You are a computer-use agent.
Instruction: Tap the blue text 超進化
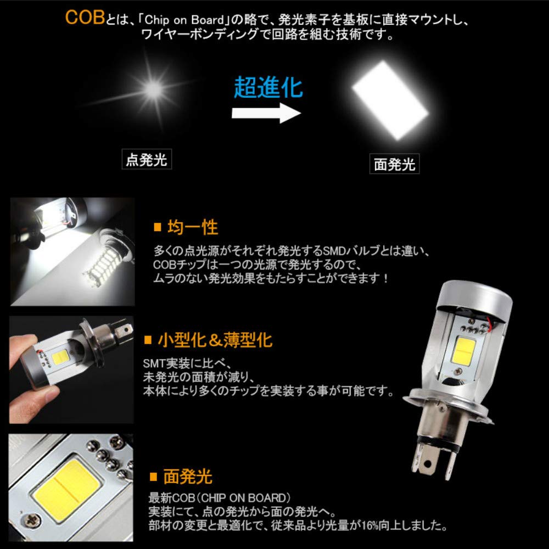tap(268, 87)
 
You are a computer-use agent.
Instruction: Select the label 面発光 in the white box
tap(394, 164)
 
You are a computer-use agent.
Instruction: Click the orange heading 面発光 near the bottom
tap(187, 476)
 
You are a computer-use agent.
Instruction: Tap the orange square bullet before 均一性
tap(157, 227)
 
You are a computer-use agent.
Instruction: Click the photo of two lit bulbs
tap(72, 251)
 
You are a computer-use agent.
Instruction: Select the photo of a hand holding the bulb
tap(71, 369)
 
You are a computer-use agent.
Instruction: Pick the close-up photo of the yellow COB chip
tap(71, 484)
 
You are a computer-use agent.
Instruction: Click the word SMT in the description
tap(153, 363)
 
